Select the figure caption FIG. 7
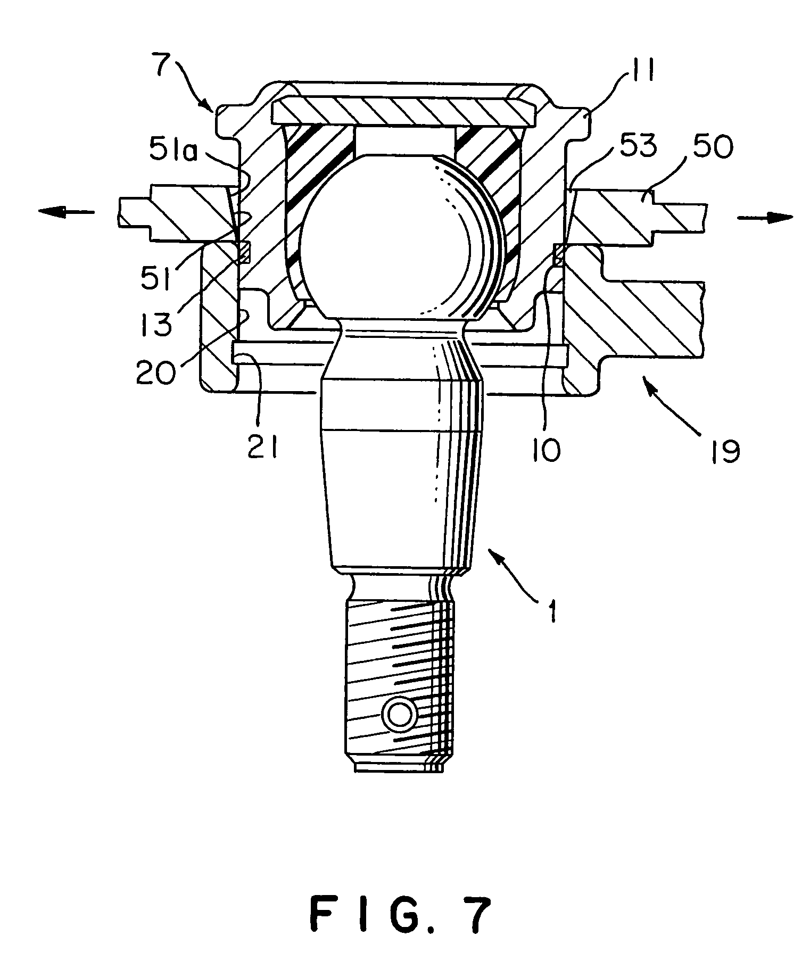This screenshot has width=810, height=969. click(400, 915)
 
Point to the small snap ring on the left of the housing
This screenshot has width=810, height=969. click(244, 252)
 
